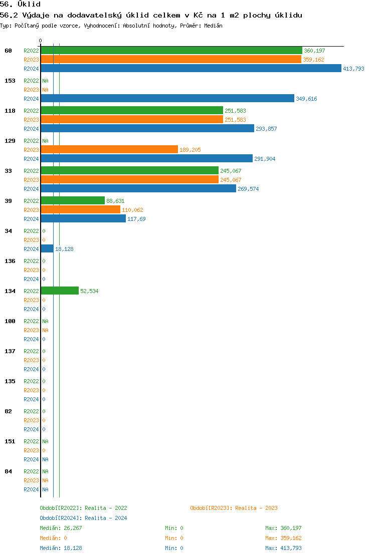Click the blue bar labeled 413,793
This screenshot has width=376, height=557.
click(191, 68)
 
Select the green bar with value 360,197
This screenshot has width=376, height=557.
click(171, 51)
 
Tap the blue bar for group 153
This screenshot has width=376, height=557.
click(167, 98)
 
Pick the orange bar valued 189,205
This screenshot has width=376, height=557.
click(109, 149)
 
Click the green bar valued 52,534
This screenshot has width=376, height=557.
click(60, 291)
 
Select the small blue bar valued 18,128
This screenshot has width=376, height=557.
click(47, 248)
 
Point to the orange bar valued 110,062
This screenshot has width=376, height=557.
click(80, 209)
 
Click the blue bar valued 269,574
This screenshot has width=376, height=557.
click(138, 188)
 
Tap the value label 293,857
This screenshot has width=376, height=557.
click(266, 129)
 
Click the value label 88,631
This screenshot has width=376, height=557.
click(115, 201)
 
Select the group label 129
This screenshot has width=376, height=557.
click(10, 141)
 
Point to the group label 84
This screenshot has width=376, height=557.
click(8, 471)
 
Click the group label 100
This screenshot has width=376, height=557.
click(10, 321)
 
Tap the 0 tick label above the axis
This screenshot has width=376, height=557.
click(41, 41)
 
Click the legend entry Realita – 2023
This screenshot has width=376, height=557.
click(234, 508)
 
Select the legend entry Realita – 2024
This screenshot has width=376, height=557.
click(83, 518)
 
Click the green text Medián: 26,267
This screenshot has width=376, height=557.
click(61, 528)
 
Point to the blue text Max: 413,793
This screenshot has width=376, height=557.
click(283, 548)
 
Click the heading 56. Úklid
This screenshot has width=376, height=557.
click(20, 4)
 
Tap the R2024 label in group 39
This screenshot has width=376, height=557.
click(31, 219)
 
